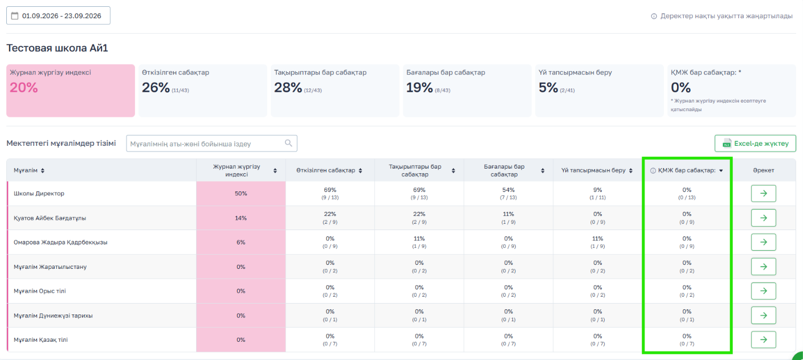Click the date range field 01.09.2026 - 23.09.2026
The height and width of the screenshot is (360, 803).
(58, 15)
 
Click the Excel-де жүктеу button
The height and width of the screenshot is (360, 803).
(755, 144)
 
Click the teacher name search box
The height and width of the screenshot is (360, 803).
(211, 144)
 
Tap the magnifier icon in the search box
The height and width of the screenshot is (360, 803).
(288, 144)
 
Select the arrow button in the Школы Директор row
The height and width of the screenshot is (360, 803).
(764, 194)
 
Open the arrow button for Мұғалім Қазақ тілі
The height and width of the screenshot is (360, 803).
(764, 339)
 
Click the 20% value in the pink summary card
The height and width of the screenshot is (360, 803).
(24, 87)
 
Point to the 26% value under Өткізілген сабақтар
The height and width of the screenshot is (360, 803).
(156, 87)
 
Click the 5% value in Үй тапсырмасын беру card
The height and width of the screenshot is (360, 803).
(548, 87)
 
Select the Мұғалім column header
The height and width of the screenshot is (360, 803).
(26, 170)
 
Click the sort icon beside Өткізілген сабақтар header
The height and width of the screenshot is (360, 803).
(360, 170)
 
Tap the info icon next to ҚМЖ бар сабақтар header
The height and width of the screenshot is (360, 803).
(653, 170)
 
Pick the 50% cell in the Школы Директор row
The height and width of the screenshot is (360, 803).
(241, 194)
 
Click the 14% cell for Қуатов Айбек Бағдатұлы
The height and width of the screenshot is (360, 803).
(241, 218)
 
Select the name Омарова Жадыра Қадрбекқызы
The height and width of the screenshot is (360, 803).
(60, 242)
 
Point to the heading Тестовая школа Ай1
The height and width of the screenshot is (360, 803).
(57, 48)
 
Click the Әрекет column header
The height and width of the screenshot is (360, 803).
(764, 170)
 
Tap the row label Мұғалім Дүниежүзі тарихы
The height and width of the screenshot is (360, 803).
(53, 316)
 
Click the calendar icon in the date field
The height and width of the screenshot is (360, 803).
(15, 15)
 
